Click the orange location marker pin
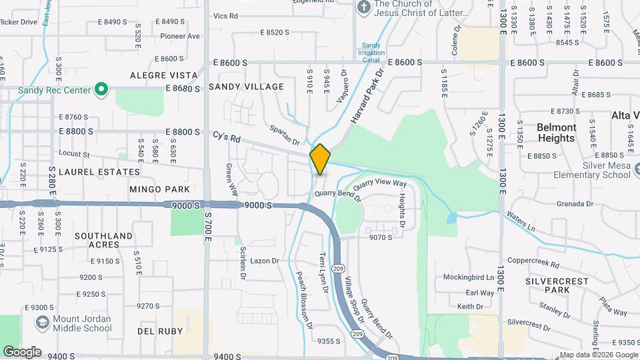point(320,159)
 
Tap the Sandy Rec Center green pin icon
point(101,89)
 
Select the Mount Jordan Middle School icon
point(43,323)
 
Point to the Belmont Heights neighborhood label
point(556,133)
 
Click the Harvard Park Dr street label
point(368,95)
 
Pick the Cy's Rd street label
point(226,138)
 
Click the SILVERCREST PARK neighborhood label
point(557,285)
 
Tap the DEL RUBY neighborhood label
point(155,331)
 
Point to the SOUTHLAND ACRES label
point(103,240)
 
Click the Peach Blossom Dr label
point(305,300)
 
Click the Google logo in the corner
point(22,351)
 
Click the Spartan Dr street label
point(285,135)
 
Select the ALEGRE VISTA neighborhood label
point(164,75)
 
